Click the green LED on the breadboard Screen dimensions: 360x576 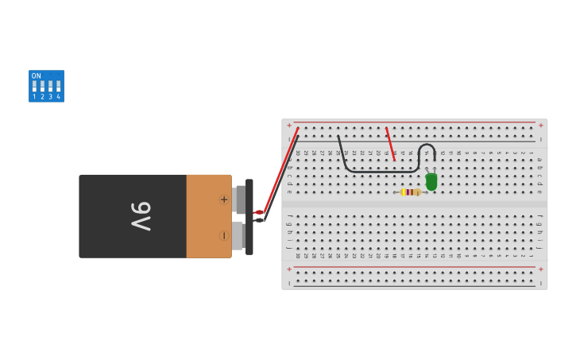431,182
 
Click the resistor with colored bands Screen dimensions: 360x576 410,192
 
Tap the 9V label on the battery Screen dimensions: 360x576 140,215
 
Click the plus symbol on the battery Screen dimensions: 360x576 224,199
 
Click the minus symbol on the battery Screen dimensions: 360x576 224,235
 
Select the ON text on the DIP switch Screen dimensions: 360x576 37,76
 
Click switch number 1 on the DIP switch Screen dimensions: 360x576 34,86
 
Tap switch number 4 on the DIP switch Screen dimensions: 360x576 58,86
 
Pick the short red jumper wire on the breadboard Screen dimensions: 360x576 390,144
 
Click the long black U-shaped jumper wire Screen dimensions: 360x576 373,170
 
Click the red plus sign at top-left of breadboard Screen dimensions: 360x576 289,125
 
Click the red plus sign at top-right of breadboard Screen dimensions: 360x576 541,125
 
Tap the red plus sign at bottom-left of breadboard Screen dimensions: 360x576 289,269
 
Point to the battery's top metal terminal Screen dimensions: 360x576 240,199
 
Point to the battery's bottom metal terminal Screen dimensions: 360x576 238,235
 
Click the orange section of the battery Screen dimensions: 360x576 208,216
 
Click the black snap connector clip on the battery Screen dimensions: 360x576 249,217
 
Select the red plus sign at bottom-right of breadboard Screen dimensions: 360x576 541,269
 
